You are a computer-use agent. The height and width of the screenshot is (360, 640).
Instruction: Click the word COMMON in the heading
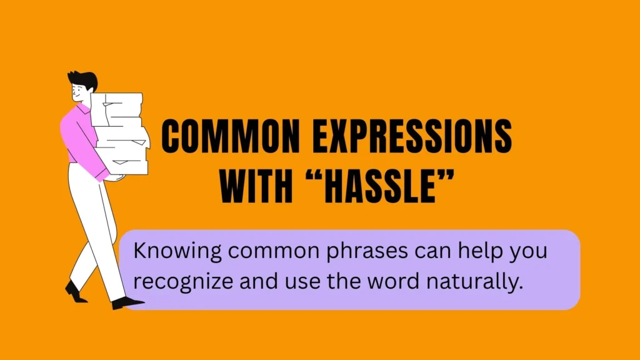tap(231, 136)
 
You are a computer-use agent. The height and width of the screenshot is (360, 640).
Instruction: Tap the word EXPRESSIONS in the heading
tap(412, 136)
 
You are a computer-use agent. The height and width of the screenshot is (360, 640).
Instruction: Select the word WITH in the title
tap(256, 186)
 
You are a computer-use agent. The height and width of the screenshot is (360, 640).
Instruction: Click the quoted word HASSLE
tap(380, 186)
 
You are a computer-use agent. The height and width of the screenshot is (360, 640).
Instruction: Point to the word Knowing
tap(177, 251)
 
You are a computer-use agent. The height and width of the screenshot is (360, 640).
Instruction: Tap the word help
tap(479, 251)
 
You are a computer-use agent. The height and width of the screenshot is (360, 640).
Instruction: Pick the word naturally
tap(475, 282)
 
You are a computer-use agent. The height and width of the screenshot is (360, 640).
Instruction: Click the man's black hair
tap(84, 80)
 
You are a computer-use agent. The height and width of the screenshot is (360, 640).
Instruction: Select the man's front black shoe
tap(127, 303)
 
